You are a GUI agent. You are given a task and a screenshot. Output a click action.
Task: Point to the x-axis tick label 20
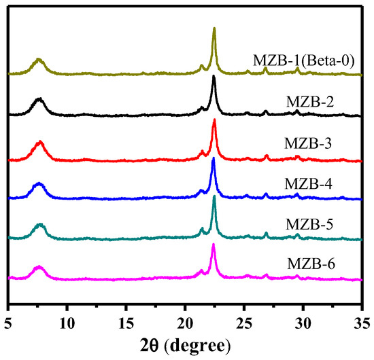point(185,317)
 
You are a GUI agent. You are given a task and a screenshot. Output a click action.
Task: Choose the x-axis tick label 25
point(244,317)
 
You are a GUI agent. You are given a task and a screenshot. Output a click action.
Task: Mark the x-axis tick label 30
point(303,317)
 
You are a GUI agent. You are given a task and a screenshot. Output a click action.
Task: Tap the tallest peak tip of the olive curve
point(214,29)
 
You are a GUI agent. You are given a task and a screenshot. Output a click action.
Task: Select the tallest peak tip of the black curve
point(214,76)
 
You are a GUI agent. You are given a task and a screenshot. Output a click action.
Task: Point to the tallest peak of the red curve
point(214,120)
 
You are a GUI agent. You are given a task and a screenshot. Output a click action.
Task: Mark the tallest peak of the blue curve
point(214,158)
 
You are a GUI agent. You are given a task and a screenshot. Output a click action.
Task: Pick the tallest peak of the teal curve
point(214,196)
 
